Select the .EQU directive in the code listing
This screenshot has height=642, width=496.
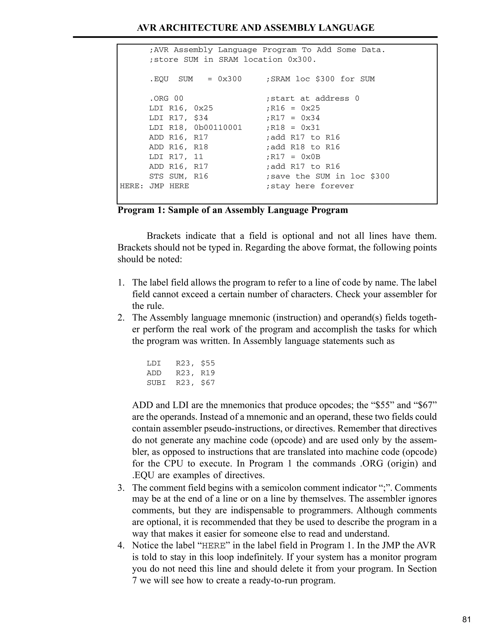point(159,79)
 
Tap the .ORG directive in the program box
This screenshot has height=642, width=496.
point(159,98)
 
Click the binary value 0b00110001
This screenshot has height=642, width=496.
point(218,128)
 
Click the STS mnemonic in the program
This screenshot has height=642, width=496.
point(156,176)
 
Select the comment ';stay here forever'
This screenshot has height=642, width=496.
point(310,186)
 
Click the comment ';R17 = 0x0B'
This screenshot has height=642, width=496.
point(293,157)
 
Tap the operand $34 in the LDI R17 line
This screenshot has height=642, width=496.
point(201,118)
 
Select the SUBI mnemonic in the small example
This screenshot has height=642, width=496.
point(156,383)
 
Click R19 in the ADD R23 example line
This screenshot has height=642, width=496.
point(208,373)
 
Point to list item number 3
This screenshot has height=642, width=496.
point(121,488)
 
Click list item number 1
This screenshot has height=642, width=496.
point(121,283)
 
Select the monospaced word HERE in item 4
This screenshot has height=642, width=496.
point(214,546)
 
